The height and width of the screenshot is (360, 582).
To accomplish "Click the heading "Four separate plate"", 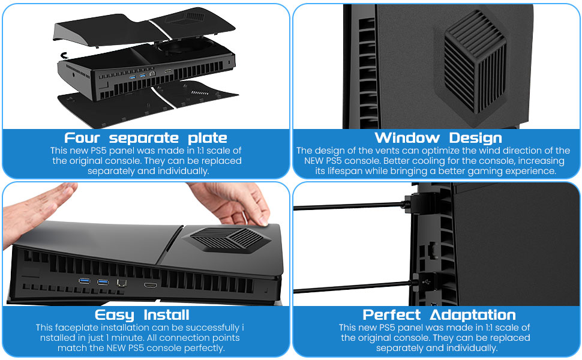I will [x=146, y=137].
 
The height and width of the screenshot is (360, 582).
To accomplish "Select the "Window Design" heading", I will [x=438, y=137].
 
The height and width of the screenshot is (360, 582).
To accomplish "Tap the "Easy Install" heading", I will [x=142, y=315].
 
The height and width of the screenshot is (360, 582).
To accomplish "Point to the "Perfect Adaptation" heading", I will [x=439, y=315].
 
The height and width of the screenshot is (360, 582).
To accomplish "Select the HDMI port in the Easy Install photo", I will [x=150, y=282].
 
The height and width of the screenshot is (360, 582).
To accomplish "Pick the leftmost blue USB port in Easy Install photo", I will [x=85, y=282].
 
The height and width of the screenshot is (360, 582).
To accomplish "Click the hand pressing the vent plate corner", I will [x=237, y=201].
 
